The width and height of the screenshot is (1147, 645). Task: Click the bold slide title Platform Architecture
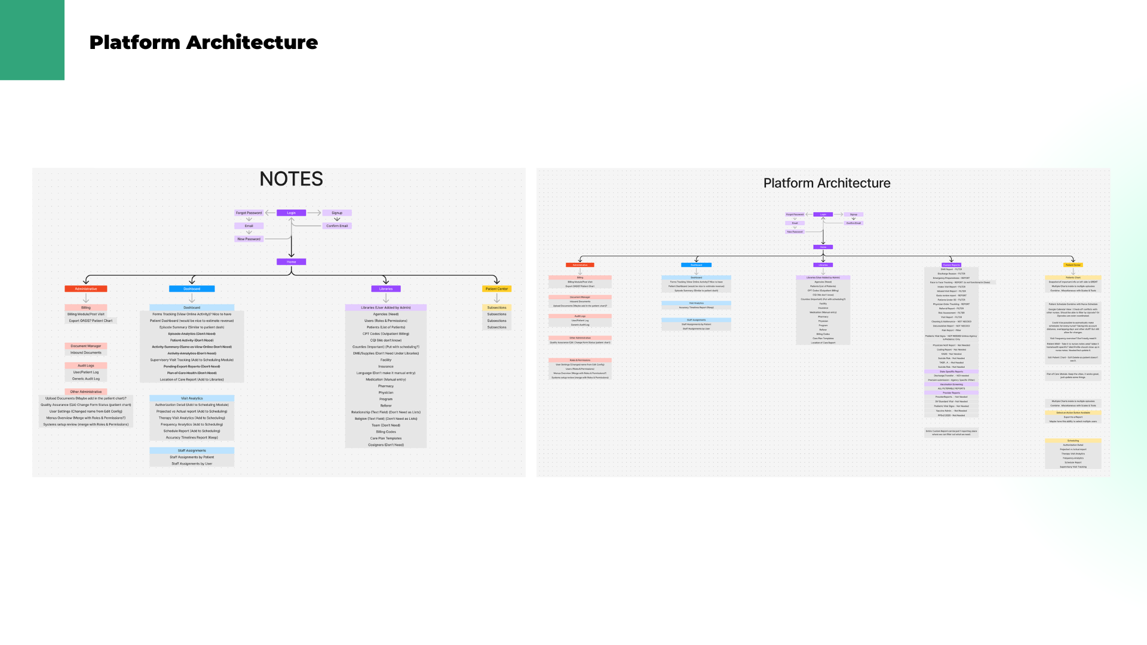(203, 42)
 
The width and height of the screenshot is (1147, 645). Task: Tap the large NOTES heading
(291, 179)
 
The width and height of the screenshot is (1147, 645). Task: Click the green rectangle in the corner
(32, 39)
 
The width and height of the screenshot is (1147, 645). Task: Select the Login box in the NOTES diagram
(291, 213)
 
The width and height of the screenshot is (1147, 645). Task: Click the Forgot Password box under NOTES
(249, 213)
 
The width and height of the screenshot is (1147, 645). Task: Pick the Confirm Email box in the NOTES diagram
(337, 226)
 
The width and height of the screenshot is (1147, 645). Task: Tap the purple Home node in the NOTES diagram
(291, 262)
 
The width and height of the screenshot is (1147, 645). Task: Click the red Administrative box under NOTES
(86, 288)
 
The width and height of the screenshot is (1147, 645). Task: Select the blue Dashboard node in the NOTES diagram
(192, 288)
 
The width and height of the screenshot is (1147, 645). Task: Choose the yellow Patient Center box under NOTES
(496, 288)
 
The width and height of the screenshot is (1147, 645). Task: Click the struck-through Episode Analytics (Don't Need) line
(192, 334)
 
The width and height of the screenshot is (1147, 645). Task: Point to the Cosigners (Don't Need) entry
(386, 445)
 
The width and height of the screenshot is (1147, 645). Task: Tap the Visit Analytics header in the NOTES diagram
(192, 398)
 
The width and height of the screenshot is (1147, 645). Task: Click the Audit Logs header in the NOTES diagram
(86, 365)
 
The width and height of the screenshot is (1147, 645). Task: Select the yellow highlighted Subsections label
(496, 308)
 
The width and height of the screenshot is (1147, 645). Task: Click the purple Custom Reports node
(951, 265)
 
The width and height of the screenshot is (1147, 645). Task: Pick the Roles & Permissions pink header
(579, 360)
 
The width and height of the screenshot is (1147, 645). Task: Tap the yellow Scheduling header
(1073, 441)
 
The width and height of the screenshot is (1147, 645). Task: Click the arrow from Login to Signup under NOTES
(314, 213)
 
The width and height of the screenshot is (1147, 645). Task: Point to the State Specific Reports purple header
(951, 371)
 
